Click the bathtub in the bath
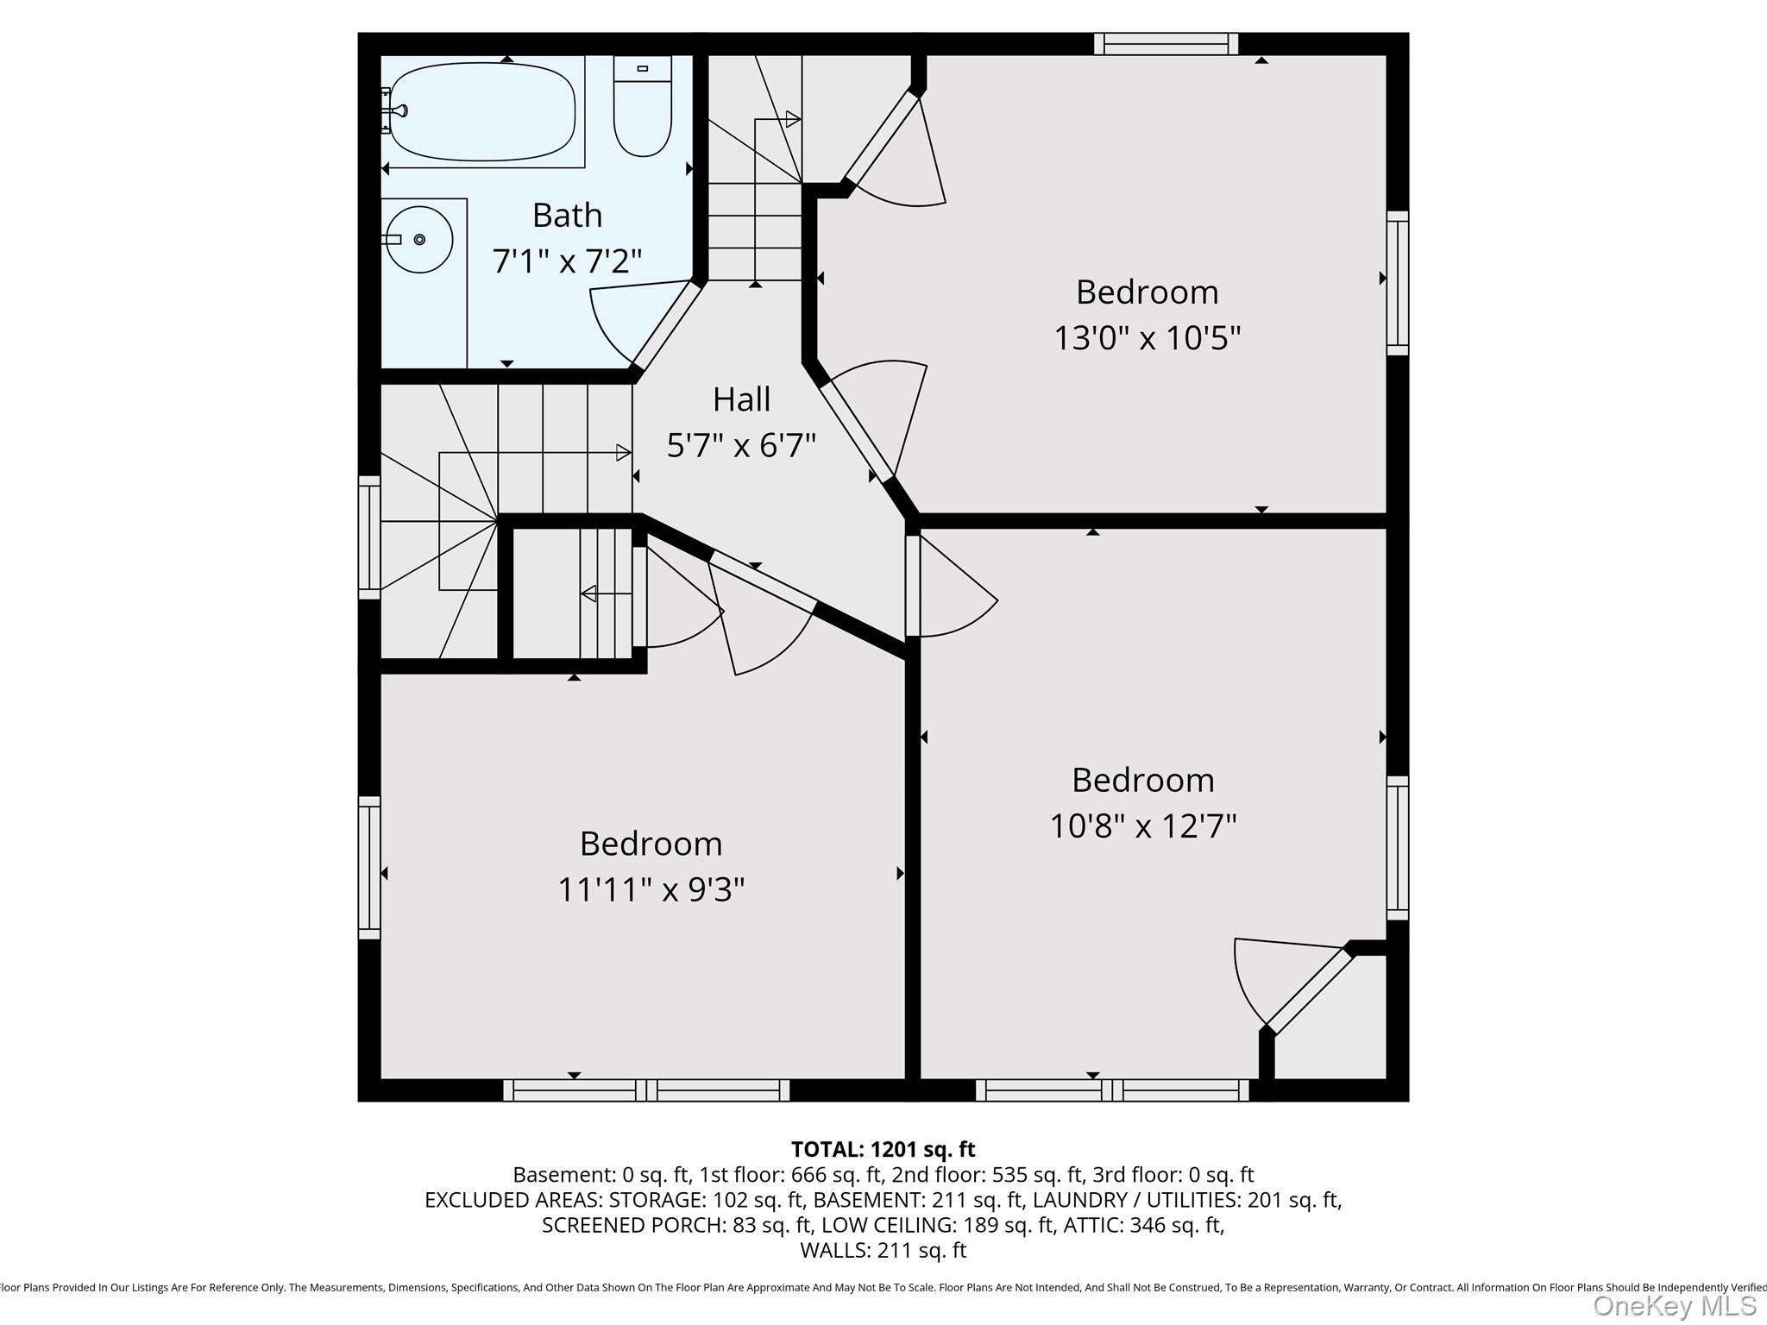tap(482, 112)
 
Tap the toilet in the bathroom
tap(642, 108)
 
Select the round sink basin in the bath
tap(419, 239)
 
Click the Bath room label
tap(567, 215)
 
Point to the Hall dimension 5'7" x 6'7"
tap(741, 445)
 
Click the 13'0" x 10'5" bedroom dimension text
tap(1147, 337)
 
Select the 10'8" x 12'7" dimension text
tap(1142, 826)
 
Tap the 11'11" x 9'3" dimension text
tap(651, 889)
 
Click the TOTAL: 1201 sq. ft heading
tap(883, 1149)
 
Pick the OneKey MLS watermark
tap(1674, 1305)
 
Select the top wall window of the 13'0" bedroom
tap(1166, 44)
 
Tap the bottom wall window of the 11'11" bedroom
tap(646, 1090)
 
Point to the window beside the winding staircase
tap(369, 537)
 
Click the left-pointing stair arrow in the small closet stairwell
tap(590, 593)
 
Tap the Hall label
tap(741, 399)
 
